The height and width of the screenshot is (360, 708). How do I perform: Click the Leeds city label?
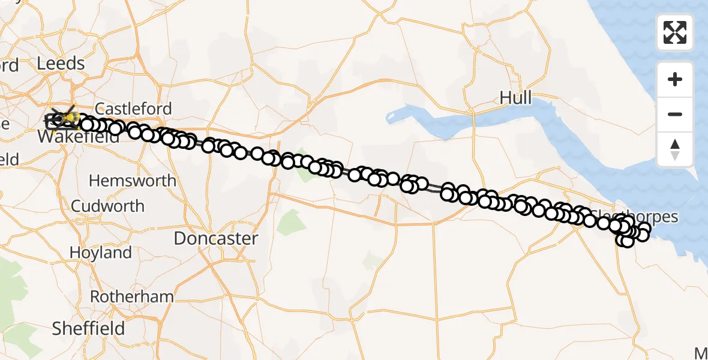click(61, 63)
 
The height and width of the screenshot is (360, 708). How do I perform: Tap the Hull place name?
click(515, 98)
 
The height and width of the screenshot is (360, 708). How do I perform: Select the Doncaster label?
click(216, 238)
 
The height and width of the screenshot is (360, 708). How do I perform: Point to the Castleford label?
click(133, 109)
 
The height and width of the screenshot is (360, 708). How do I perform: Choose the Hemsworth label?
click(133, 180)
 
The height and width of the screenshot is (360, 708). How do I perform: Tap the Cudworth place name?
click(108, 206)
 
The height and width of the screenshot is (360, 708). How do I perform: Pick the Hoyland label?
click(101, 253)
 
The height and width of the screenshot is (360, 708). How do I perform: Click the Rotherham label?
click(131, 296)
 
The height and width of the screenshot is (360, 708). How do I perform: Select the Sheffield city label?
click(88, 328)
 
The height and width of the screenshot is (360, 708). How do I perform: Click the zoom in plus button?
click(675, 79)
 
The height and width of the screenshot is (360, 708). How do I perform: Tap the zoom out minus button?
click(675, 114)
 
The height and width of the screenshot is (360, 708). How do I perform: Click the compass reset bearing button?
click(675, 149)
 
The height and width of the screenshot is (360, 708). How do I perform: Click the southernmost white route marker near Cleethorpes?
click(627, 241)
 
